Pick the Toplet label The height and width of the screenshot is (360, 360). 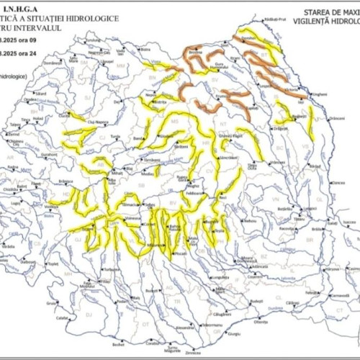53,264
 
